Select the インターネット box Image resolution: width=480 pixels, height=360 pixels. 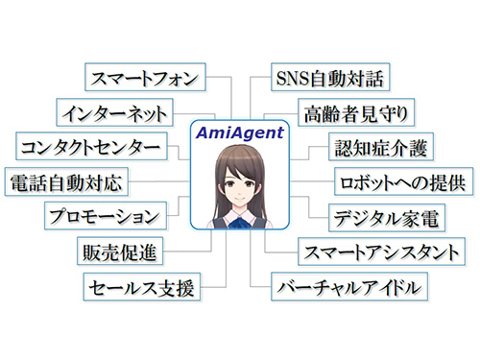point(111,111)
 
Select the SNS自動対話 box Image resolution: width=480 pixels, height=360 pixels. point(321,77)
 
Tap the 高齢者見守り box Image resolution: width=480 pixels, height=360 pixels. point(354,111)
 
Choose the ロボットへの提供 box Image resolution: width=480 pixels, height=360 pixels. point(402,181)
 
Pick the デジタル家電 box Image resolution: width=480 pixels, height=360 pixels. point(385,216)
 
